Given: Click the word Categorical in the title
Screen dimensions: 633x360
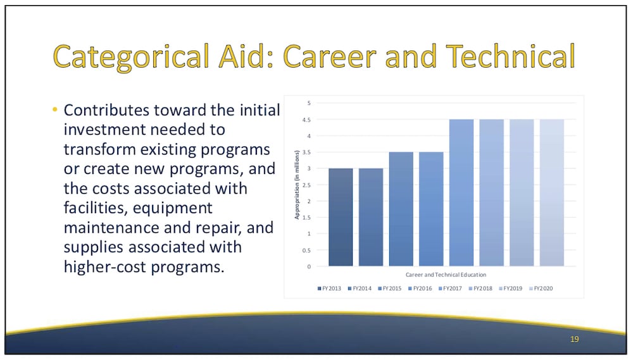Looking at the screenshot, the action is click(132, 56).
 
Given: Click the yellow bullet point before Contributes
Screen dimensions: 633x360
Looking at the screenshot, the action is click(55, 109).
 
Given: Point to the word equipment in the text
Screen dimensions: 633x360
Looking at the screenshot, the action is click(172, 208).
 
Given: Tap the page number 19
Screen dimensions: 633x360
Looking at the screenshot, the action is click(575, 339).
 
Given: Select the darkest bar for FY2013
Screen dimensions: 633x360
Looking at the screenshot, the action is click(341, 217).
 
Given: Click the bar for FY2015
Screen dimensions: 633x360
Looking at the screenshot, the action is click(401, 209).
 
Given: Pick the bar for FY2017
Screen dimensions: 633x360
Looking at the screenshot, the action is click(461, 193).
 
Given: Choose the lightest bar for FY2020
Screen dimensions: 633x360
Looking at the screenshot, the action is click(551, 193).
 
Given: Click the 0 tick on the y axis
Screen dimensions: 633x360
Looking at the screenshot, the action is click(310, 266).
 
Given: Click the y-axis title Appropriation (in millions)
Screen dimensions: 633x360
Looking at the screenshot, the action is click(297, 185).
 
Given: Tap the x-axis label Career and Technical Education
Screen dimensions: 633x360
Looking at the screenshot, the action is click(446, 275).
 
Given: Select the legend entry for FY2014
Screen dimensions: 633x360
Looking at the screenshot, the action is click(360, 289).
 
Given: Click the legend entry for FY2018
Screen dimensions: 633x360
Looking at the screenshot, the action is click(480, 289).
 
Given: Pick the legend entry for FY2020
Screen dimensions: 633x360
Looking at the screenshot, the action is click(541, 289).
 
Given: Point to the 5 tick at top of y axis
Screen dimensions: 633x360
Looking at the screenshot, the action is click(310, 103).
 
